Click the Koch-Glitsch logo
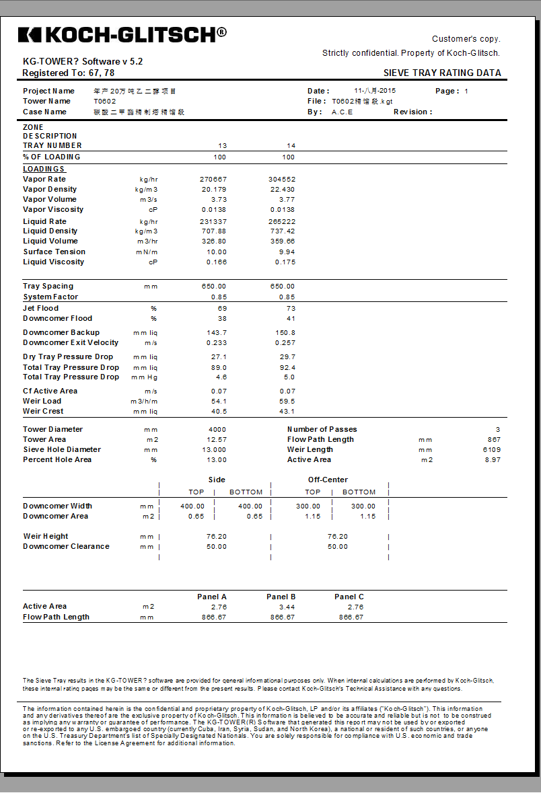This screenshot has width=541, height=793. click(x=122, y=34)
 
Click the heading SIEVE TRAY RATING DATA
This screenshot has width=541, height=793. click(x=442, y=73)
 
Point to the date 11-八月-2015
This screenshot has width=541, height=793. click(x=375, y=91)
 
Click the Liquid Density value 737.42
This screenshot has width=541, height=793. click(x=282, y=231)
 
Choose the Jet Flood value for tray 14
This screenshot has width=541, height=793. click(x=290, y=309)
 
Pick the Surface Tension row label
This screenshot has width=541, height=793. click(x=54, y=252)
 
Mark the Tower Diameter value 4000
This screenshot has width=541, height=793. click(x=217, y=430)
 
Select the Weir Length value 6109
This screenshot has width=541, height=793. click(x=491, y=450)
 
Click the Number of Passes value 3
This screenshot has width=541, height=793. click(x=498, y=430)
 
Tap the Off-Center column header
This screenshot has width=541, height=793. click(x=328, y=480)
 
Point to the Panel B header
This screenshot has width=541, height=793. click(x=281, y=597)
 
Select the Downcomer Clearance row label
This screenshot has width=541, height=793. click(x=66, y=547)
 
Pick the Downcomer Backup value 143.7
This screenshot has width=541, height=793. click(x=217, y=333)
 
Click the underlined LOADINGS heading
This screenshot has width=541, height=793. click(x=44, y=169)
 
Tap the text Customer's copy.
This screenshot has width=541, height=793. click(x=466, y=39)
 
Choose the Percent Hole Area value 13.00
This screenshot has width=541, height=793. click(x=216, y=460)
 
